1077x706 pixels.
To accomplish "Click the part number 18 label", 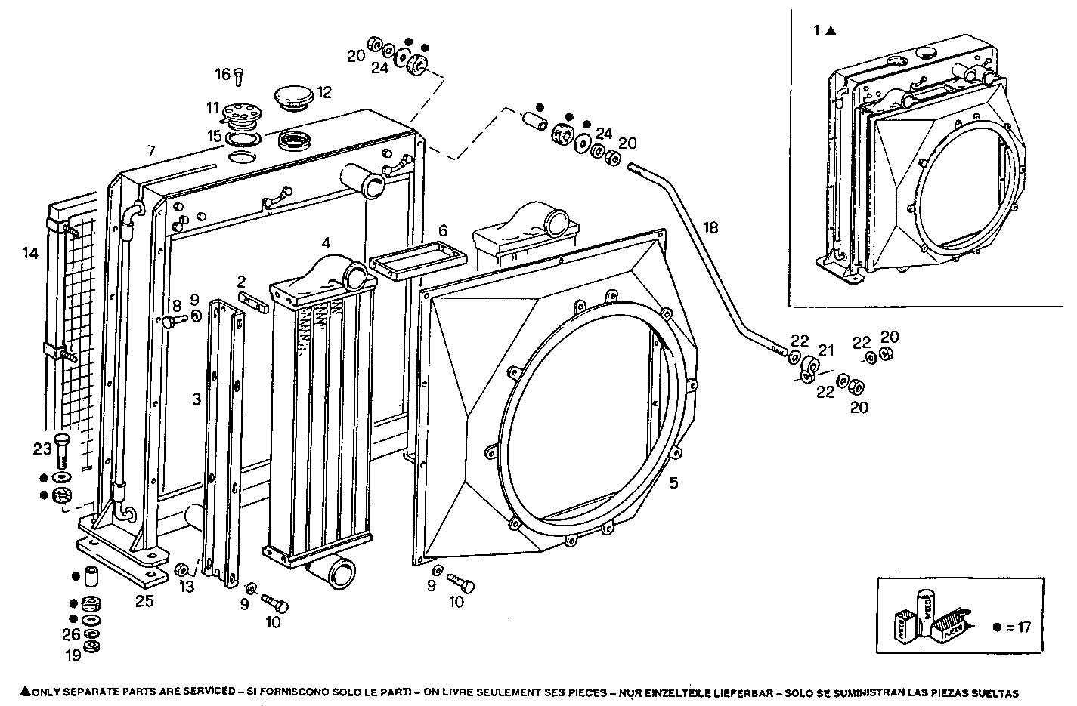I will [710, 227].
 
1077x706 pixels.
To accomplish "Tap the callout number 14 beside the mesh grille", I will [30, 253].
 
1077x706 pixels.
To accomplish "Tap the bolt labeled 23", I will [63, 450].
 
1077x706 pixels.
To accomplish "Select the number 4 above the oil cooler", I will [326, 242].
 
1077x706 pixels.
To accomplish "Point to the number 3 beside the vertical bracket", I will [197, 399].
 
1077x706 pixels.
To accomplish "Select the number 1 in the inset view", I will [816, 31].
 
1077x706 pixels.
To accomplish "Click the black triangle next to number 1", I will [830, 31].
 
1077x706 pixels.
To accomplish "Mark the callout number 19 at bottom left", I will [73, 655].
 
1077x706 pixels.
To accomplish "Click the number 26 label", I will [71, 635].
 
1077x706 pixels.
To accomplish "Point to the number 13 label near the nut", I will [186, 587].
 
